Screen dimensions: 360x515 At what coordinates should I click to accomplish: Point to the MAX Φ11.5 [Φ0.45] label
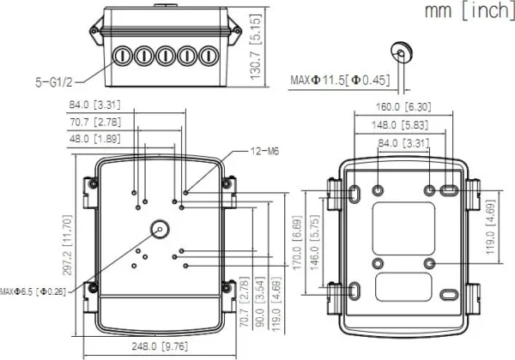[x=340, y=80]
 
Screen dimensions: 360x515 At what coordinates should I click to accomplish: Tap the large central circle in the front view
[x=160, y=228]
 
